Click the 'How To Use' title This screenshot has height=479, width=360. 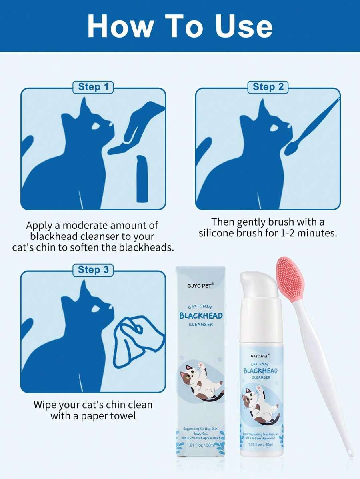pyautogui.click(x=180, y=26)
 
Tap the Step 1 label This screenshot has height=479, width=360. pyautogui.click(x=93, y=87)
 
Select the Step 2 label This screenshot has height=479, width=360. pyautogui.click(x=268, y=87)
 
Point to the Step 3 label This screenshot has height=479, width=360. pyautogui.click(x=93, y=270)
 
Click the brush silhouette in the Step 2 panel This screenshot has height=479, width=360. pyautogui.click(x=308, y=128)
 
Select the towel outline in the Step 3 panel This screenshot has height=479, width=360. pyautogui.click(x=136, y=340)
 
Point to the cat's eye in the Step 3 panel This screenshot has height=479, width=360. pyautogui.click(x=96, y=309)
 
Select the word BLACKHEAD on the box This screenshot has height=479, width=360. pyautogui.click(x=201, y=316)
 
